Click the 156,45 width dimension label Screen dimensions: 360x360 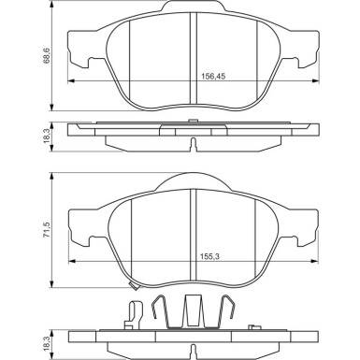click(213, 77)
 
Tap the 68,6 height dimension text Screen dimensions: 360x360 click(47, 56)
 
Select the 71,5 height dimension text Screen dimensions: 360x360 click(46, 230)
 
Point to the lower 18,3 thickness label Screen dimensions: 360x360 click(47, 341)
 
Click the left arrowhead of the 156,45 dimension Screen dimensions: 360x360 click(71, 81)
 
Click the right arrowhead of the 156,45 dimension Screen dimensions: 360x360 click(315, 81)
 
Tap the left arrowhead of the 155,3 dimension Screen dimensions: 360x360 click(72, 261)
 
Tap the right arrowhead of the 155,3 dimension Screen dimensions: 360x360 click(315, 261)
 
